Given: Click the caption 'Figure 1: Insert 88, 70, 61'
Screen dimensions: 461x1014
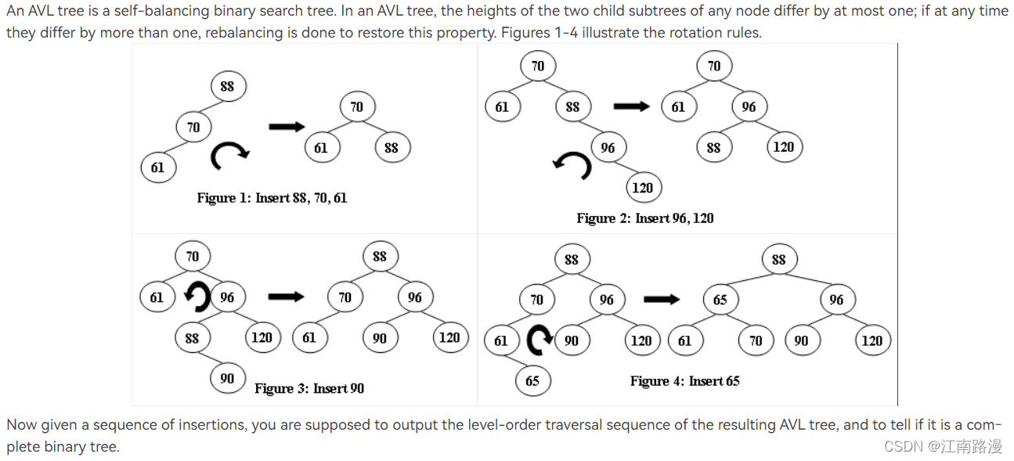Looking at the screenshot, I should click(x=272, y=198).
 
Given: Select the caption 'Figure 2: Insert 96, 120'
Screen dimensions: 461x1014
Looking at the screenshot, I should click(x=644, y=218).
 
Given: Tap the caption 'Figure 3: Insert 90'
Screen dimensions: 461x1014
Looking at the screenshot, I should click(x=309, y=388).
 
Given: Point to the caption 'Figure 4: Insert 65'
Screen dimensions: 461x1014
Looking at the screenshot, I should click(x=684, y=381).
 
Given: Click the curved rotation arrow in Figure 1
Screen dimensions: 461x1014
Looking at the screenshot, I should click(x=229, y=155).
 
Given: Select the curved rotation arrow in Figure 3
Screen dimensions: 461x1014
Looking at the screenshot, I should click(x=198, y=297).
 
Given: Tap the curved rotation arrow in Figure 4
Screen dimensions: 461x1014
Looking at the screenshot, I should click(x=539, y=340).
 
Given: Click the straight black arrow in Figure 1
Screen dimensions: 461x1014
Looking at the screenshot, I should click(x=286, y=126).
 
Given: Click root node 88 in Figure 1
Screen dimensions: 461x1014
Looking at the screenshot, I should click(x=227, y=86).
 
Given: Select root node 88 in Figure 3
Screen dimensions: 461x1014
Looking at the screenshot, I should click(x=380, y=256).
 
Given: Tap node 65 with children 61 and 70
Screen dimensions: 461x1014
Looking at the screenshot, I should click(x=720, y=300).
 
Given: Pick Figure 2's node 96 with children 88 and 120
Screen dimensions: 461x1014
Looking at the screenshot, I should click(x=749, y=106).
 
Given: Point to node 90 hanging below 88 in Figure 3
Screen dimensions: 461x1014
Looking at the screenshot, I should click(x=227, y=378).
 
